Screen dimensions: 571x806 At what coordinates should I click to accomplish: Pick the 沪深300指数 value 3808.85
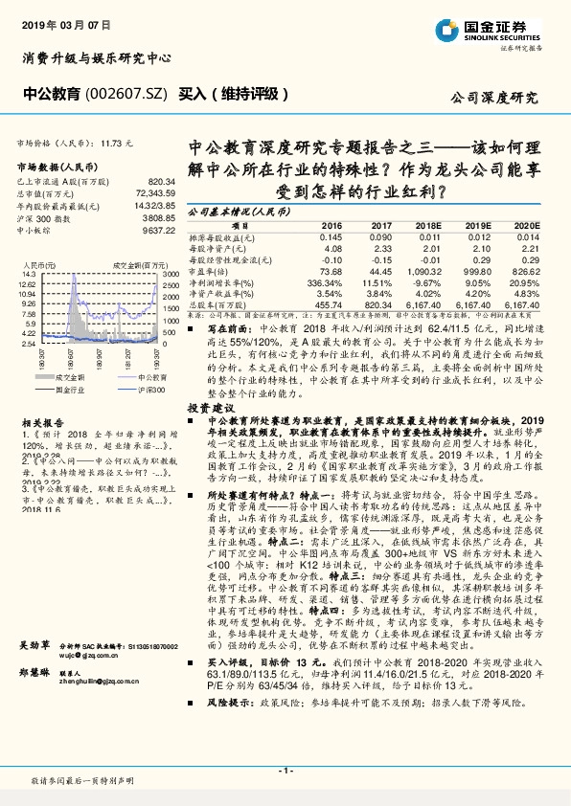(x=160, y=218)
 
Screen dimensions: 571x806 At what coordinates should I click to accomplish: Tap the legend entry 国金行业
(x=83, y=390)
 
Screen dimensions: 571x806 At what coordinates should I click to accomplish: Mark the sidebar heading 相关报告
(x=43, y=421)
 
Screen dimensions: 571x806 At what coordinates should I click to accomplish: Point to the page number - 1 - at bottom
(x=285, y=771)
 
